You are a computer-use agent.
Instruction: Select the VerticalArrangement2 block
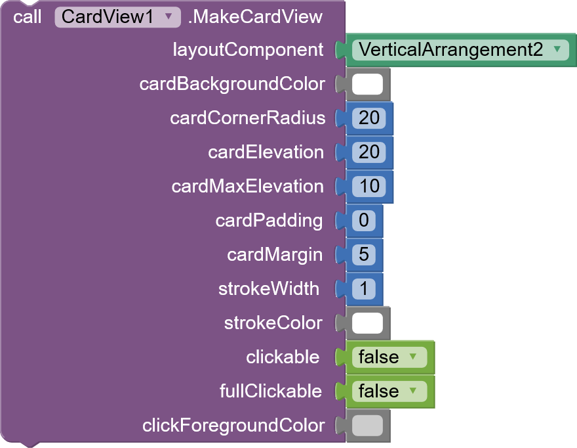(460, 50)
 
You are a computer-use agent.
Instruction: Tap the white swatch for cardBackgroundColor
(367, 84)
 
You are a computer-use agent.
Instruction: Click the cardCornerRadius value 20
(369, 118)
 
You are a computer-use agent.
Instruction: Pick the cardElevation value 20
(369, 152)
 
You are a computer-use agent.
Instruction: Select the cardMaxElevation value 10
(369, 187)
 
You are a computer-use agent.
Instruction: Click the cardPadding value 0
(364, 221)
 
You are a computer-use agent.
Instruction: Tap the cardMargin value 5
(364, 255)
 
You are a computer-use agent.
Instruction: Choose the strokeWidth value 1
(364, 289)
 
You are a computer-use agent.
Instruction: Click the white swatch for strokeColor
(367, 323)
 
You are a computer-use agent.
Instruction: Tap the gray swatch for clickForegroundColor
(367, 426)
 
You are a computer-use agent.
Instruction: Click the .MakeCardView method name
(255, 17)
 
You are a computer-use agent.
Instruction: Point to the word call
(27, 17)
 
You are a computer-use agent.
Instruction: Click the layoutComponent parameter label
(248, 50)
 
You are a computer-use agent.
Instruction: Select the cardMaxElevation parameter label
(247, 187)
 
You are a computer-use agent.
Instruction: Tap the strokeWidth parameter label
(269, 289)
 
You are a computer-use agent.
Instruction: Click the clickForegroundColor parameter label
(233, 426)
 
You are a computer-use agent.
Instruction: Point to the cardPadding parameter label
(269, 221)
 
